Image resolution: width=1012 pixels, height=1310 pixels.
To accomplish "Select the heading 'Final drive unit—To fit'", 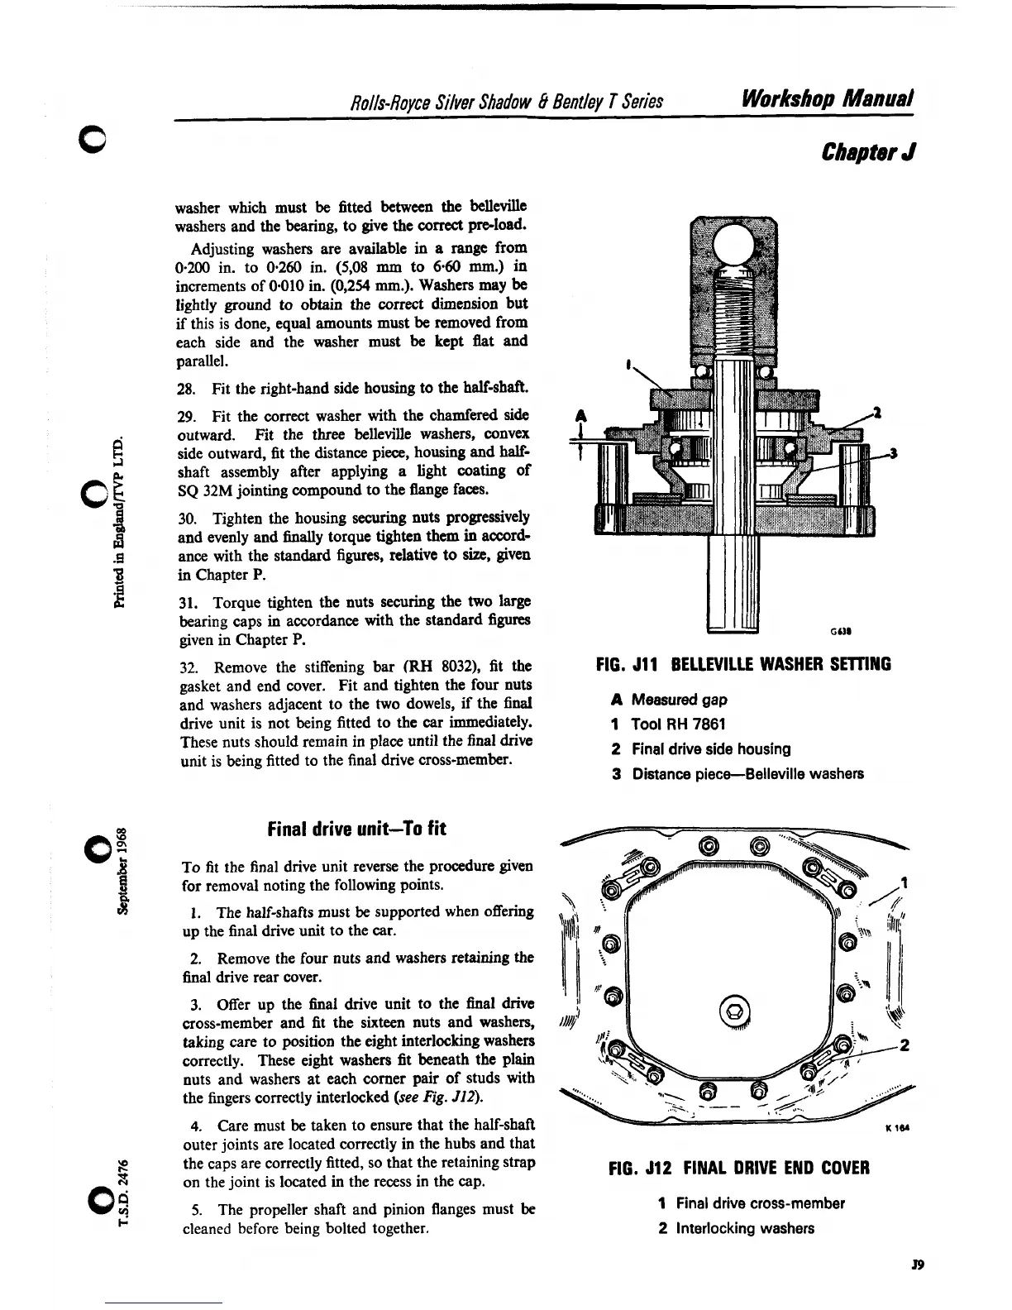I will pyautogui.click(x=357, y=828).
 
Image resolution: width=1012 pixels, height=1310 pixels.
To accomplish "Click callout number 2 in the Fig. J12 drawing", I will pyautogui.click(x=905, y=1045).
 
